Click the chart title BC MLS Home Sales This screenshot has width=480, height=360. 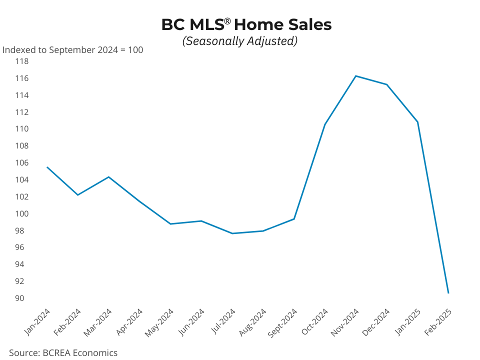coord(246,24)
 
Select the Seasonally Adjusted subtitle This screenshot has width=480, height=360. coord(240,41)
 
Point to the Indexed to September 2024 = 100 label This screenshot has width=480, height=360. coord(73,50)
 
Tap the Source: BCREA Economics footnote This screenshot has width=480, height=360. coord(63,352)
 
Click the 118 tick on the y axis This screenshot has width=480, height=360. coord(21,61)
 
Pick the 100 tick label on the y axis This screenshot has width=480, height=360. coord(21,213)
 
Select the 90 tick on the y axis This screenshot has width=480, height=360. coord(19,298)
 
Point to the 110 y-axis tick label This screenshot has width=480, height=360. coord(21,128)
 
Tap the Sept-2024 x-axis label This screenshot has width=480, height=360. coord(282,322)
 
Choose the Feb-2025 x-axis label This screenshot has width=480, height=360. coord(438,322)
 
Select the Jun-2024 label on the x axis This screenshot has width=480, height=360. coord(191,322)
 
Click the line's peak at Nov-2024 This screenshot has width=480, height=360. coord(355,76)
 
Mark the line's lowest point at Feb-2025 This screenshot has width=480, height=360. coord(448,293)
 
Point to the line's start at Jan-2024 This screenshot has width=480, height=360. coord(47,167)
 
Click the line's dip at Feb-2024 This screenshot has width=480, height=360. coord(78,194)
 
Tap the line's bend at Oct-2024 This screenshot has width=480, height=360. coord(325,124)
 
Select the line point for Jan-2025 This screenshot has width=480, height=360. coord(417,122)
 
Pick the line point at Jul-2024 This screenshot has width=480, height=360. coord(232,233)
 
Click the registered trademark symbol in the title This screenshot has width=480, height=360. coord(227,21)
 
